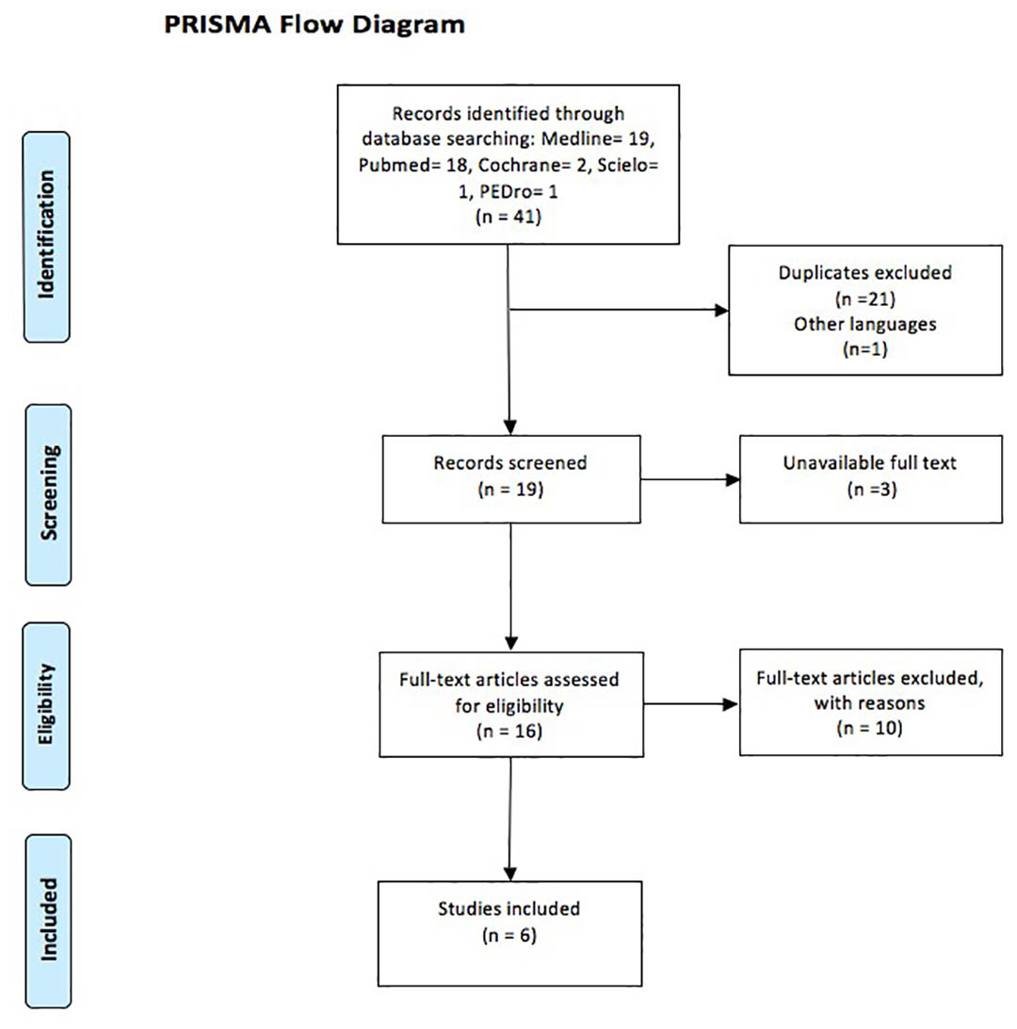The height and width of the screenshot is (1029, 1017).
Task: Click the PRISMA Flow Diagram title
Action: pos(315,24)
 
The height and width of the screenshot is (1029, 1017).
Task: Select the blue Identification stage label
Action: pos(47,237)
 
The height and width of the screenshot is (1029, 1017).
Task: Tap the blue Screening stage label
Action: pos(49,495)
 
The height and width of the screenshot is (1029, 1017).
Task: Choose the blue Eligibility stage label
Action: pos(46,706)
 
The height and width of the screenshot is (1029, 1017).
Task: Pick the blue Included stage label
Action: pos(49,922)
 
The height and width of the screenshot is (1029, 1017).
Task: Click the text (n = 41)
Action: pos(508,217)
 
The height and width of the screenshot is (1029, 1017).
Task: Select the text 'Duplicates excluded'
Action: pos(865,272)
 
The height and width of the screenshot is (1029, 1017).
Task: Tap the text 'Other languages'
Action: pos(865,324)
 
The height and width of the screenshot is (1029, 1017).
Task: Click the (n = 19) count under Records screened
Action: pos(510,489)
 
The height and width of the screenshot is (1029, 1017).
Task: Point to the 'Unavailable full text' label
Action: pos(870,462)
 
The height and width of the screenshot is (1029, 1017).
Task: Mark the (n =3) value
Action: pos(872,489)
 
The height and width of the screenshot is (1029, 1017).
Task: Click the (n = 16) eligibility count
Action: pos(509,732)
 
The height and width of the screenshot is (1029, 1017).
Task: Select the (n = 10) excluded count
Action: pos(870,728)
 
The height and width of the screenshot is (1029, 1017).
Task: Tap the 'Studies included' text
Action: pos(509,908)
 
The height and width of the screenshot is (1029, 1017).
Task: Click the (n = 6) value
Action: pos(509,935)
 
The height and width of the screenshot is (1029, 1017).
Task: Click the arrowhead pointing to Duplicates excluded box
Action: pos(721,310)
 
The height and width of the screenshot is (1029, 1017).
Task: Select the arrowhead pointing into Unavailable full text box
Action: pos(733,480)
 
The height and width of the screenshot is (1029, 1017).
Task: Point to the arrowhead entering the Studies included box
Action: pos(510,874)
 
